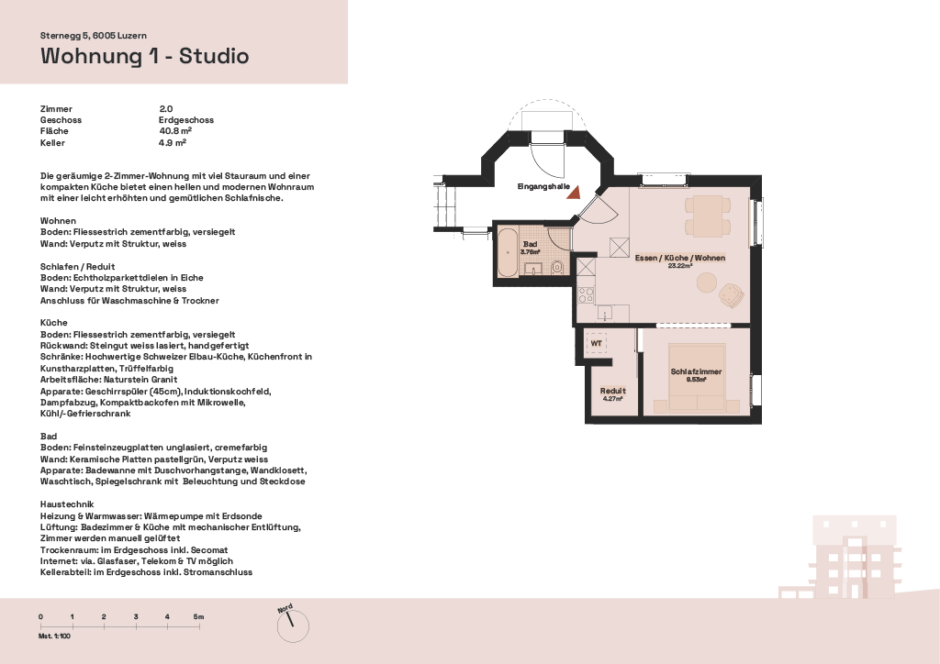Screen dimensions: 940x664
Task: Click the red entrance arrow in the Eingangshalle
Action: click(x=575, y=193)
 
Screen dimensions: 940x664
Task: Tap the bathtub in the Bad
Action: click(x=508, y=252)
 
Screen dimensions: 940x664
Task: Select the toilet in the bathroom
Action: click(x=557, y=267)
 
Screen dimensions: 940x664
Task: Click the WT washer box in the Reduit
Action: click(x=596, y=344)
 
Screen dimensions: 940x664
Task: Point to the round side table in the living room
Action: click(x=707, y=282)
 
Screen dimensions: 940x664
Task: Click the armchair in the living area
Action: click(x=732, y=294)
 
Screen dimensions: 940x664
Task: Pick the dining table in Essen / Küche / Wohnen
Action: click(x=709, y=216)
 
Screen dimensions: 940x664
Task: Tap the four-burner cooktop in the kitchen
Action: click(x=586, y=295)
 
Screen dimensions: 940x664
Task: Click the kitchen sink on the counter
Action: click(x=604, y=313)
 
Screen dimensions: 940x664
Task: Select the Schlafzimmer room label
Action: click(x=696, y=371)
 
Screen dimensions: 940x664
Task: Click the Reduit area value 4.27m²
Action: click(x=612, y=398)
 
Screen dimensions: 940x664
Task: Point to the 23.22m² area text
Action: click(x=680, y=265)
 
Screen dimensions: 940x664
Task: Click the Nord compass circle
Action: click(x=293, y=627)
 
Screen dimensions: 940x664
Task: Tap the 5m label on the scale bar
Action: click(x=198, y=616)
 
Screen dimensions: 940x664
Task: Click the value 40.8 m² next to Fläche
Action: click(x=175, y=131)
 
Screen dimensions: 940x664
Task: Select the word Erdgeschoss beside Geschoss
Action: click(x=186, y=120)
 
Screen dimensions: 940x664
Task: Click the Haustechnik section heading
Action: click(x=67, y=504)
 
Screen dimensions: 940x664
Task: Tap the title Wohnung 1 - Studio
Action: click(x=144, y=56)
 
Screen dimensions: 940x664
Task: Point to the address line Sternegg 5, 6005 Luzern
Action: click(x=94, y=36)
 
